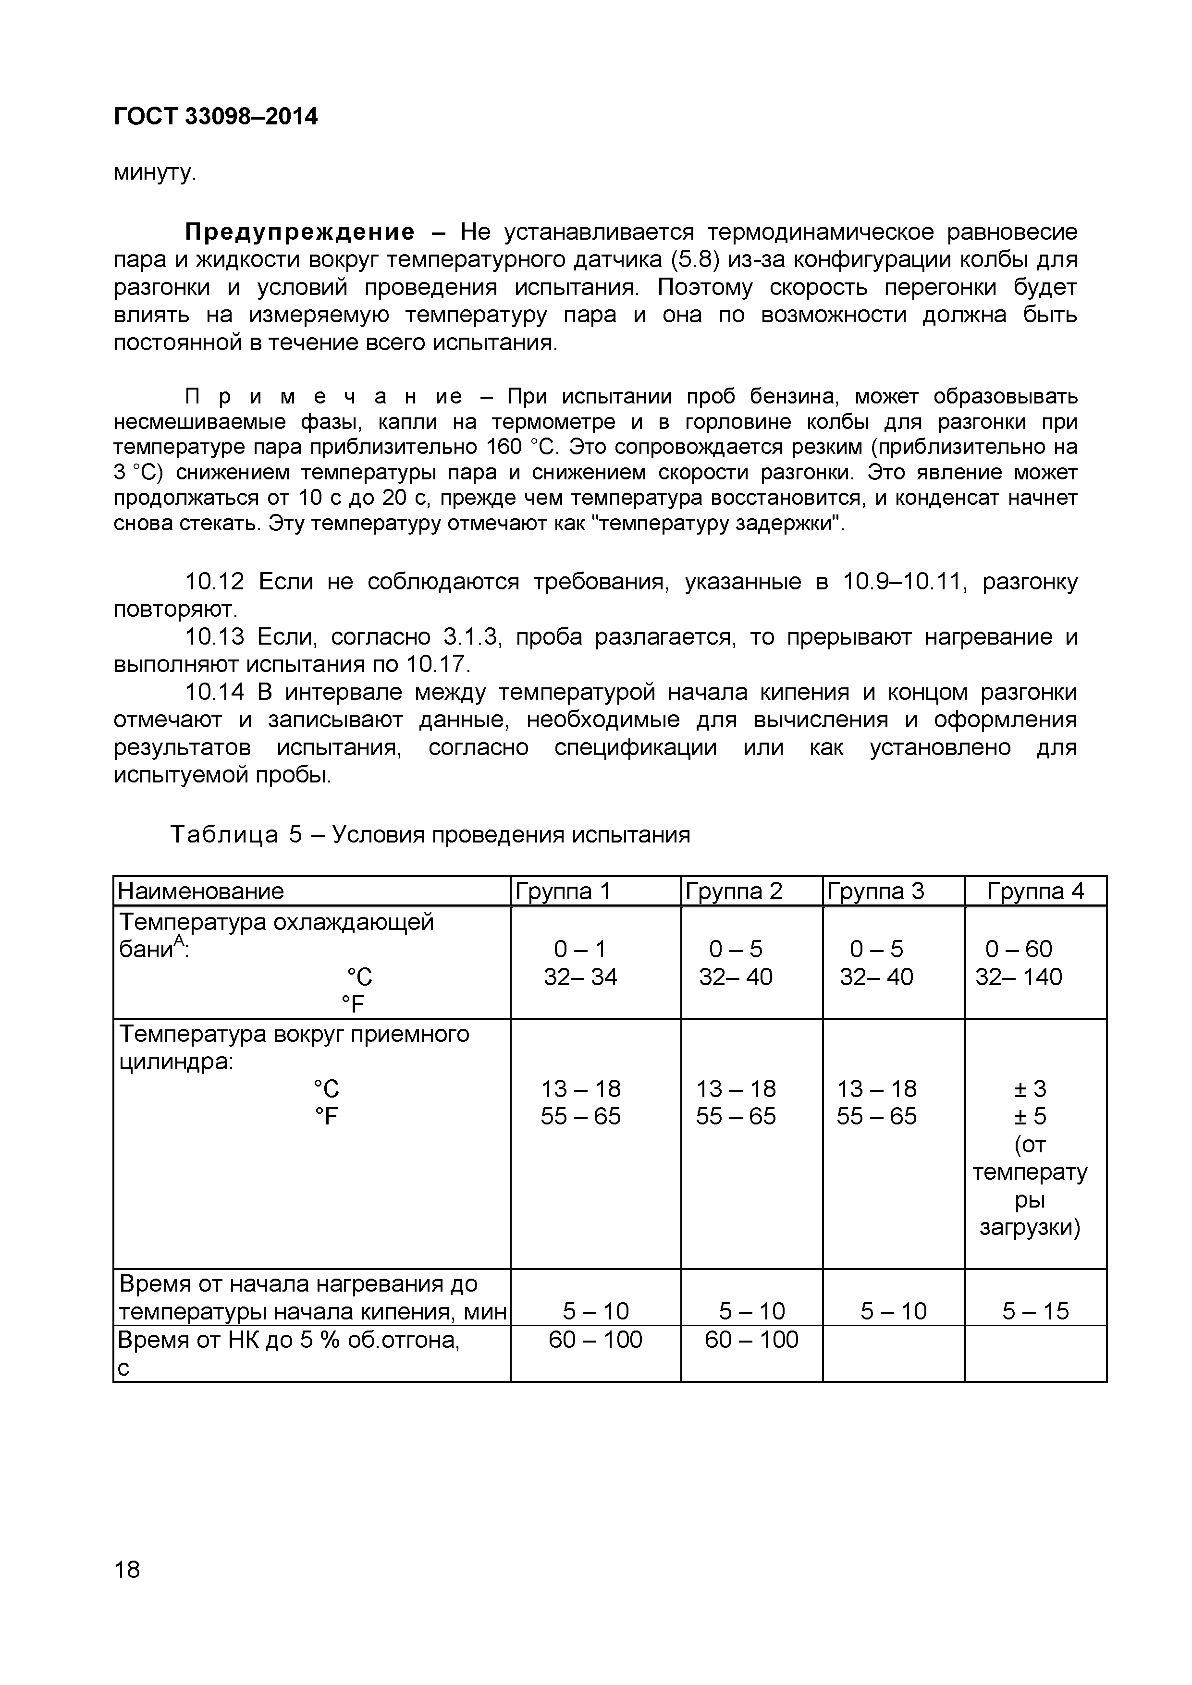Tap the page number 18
click(x=127, y=1570)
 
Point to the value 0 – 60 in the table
click(x=1018, y=949)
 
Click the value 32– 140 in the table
click(x=1018, y=977)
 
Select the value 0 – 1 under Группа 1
click(x=580, y=949)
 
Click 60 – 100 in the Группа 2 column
click(x=751, y=1339)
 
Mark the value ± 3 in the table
click(x=1030, y=1088)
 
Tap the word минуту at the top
click(x=153, y=173)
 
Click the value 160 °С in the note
click(x=523, y=447)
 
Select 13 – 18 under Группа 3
click(x=876, y=1088)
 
